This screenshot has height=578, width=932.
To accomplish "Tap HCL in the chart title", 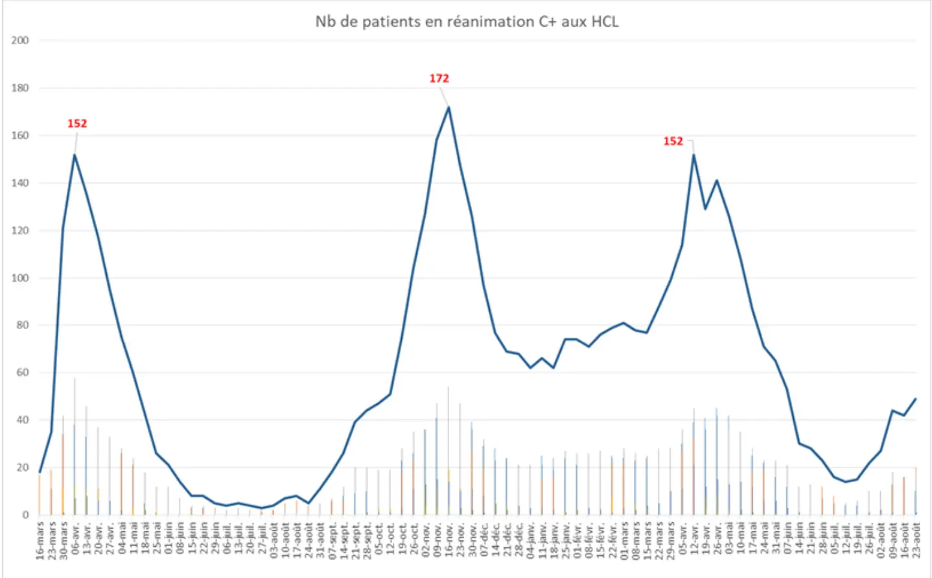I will point(604,21).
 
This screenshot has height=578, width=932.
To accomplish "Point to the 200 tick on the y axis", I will point(20,40).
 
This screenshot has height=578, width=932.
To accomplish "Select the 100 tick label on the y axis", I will point(20,278).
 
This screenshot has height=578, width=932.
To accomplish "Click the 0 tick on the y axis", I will point(25,515).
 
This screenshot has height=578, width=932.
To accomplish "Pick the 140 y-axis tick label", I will point(20,183).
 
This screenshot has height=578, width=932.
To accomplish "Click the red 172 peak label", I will point(439,78).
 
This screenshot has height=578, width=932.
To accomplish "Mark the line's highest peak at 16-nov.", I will point(449,107).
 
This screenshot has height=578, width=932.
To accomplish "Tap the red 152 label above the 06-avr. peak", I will point(76,123).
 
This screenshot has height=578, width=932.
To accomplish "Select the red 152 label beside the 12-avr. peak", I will point(673,141).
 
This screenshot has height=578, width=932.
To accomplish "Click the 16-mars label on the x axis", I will point(40,540).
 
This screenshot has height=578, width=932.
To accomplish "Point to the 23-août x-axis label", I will point(916,540).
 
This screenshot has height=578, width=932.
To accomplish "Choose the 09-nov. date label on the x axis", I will point(437,540).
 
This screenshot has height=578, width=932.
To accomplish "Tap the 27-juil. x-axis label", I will point(262,540).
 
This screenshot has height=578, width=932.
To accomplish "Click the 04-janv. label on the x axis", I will point(530,540).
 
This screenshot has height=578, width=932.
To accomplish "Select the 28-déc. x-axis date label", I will point(518,540).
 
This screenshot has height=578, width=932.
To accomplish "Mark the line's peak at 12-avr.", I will point(693,154).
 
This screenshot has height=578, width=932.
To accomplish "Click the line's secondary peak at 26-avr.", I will point(717,180).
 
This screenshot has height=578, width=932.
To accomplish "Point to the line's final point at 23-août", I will point(916,399).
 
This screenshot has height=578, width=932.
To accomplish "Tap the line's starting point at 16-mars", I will point(40,472).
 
